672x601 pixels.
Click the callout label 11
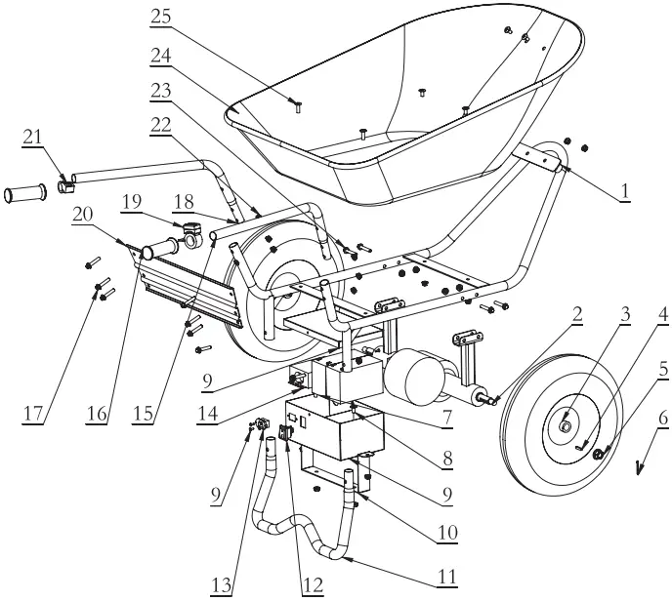tap(446, 576)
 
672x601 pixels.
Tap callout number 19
tap(133, 203)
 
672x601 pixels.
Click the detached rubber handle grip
tap(23, 195)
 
